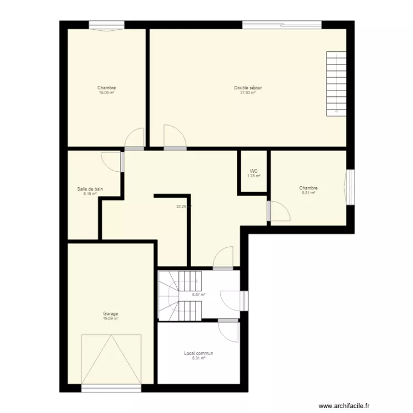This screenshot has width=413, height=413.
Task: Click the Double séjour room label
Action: point(247,88)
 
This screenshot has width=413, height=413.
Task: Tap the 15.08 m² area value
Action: point(106,93)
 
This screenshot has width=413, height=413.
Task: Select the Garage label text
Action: point(110,314)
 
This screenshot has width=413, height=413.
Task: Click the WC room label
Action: point(253,171)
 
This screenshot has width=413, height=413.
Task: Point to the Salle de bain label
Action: point(90,189)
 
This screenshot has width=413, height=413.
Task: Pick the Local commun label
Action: point(198,354)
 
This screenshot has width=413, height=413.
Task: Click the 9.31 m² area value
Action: point(308,193)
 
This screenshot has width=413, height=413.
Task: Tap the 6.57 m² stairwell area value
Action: point(198,295)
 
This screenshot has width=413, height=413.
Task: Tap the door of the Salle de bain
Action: point(112,161)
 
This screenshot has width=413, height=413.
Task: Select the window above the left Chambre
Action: point(107,25)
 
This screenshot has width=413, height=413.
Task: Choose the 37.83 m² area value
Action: point(247,93)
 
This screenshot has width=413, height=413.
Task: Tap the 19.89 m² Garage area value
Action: point(110,318)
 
